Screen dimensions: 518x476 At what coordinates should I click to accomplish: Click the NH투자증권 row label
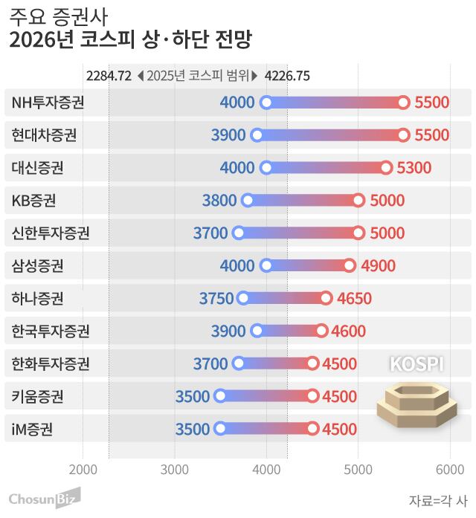[48, 103]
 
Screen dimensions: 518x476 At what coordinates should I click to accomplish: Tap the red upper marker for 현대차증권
[403, 135]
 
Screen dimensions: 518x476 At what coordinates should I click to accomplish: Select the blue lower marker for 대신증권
[266, 167]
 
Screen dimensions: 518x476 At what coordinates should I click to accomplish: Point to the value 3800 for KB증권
[219, 200]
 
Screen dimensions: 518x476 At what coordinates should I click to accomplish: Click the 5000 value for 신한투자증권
[387, 233]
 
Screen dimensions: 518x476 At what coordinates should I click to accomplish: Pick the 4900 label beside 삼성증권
[378, 265]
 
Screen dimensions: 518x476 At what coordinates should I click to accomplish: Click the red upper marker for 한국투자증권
[321, 331]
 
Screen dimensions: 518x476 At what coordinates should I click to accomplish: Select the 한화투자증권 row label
[51, 363]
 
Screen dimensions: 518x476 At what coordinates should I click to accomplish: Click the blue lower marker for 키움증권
[220, 396]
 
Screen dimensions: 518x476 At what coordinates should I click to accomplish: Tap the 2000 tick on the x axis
[83, 469]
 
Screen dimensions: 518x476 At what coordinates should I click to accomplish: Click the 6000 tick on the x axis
[449, 469]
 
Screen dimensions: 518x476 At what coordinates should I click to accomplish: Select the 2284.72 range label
[109, 75]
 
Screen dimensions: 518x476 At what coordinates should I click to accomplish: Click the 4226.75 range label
[287, 75]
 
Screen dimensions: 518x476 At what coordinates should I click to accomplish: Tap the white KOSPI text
[416, 364]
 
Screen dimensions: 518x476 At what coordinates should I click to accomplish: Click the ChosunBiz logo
[42, 497]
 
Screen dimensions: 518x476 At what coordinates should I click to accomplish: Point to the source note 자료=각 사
[438, 499]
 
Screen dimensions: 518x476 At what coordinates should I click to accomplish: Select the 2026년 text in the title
[41, 39]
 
